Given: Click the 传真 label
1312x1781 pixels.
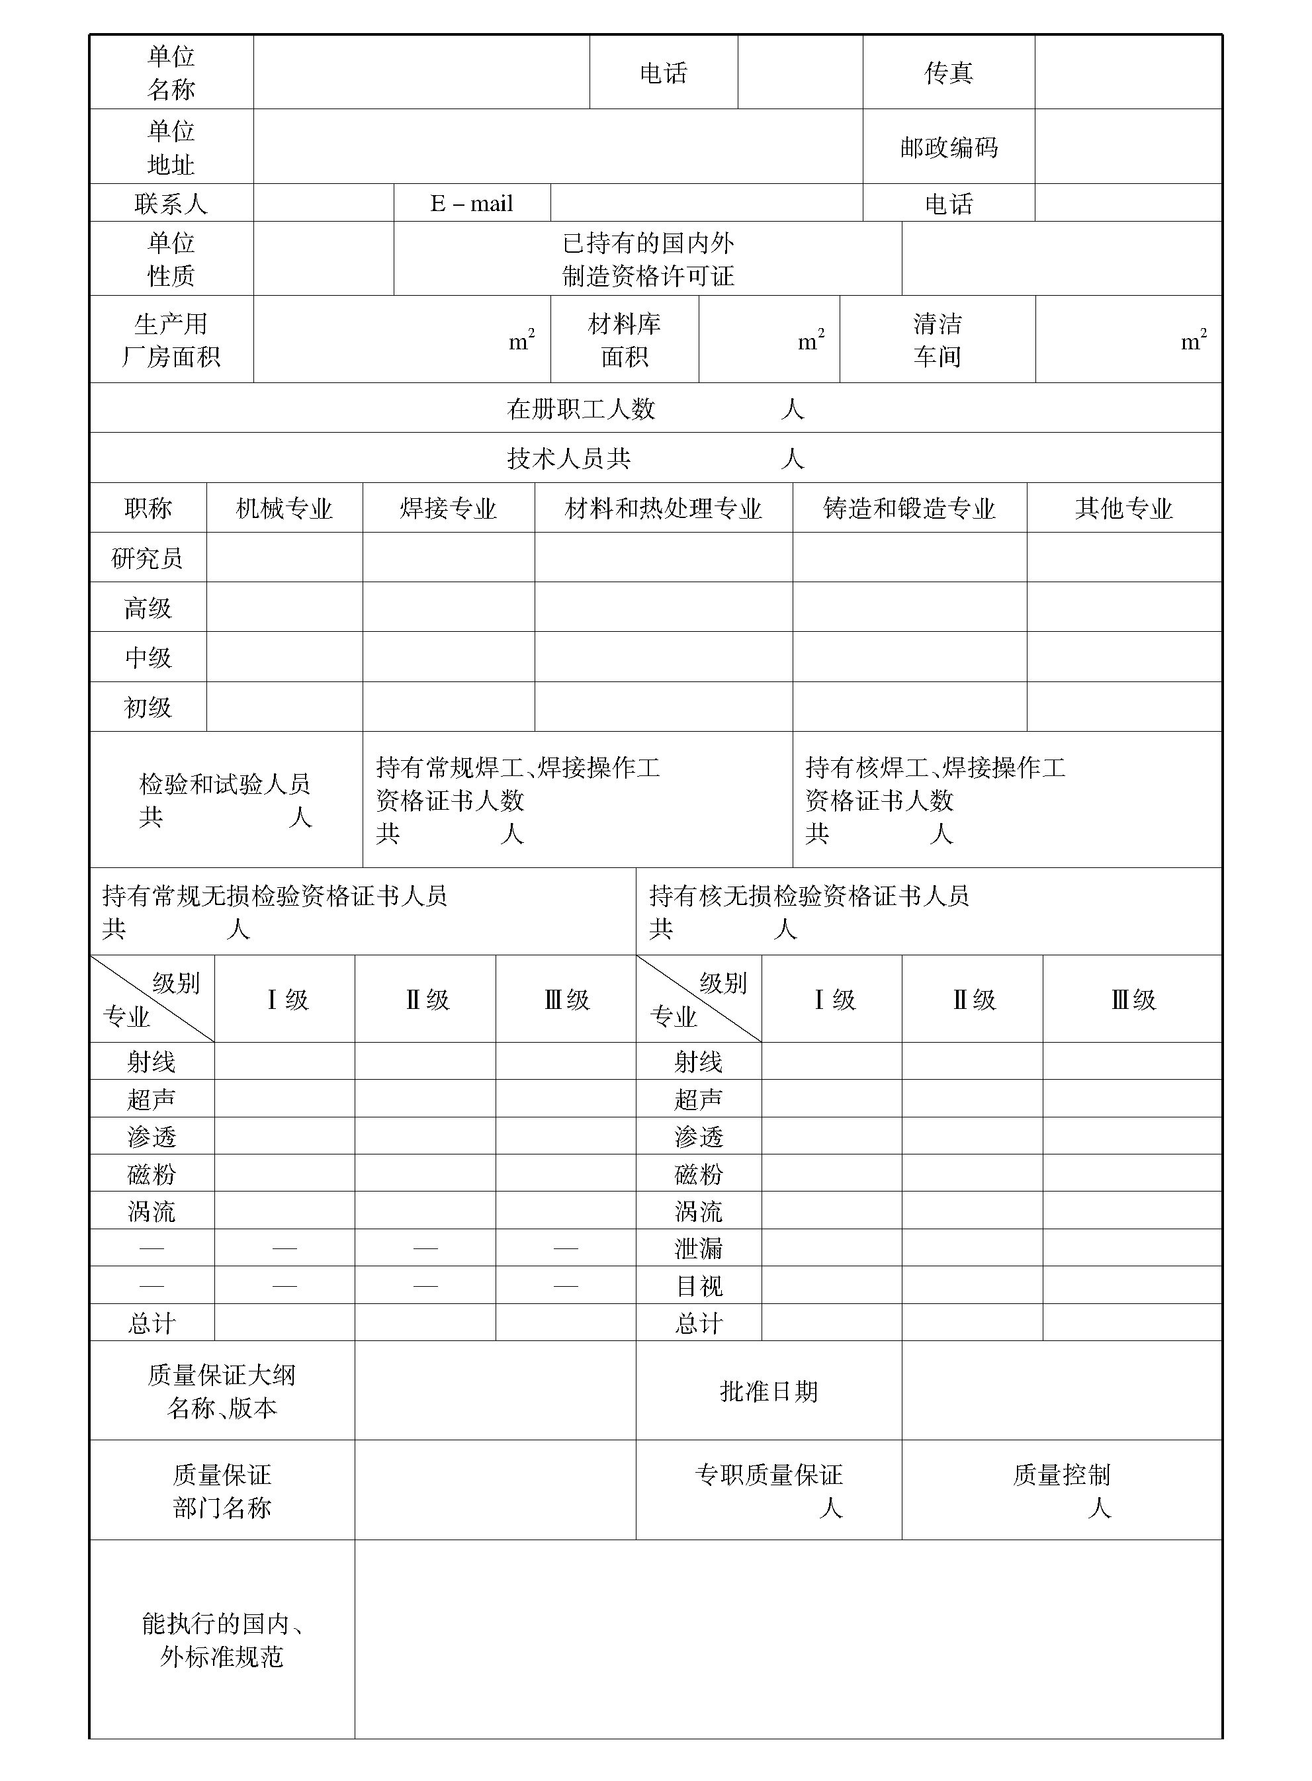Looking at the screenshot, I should point(948,73).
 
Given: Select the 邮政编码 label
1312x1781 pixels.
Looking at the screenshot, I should point(948,147).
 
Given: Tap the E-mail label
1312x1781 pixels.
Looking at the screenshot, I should point(472,204).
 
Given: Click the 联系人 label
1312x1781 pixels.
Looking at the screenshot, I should point(171,204).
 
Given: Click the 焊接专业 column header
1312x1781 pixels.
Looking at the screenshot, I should point(448,508).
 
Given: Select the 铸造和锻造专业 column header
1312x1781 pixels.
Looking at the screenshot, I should point(909,508).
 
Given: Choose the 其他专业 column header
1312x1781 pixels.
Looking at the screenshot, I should point(1124,508).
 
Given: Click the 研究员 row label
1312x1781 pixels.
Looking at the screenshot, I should point(148,558).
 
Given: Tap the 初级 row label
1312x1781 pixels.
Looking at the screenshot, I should point(148,707).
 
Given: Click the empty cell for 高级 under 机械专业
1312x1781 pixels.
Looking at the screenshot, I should point(284,607).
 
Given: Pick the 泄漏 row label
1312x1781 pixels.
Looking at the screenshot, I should point(699,1249).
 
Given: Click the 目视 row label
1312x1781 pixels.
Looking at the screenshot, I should point(699,1286).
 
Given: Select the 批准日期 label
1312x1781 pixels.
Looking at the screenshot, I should point(769,1391).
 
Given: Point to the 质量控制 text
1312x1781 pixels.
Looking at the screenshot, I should point(1061,1475).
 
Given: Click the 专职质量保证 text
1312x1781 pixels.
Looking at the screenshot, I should point(769,1475).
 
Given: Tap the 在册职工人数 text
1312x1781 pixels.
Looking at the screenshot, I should point(582,409).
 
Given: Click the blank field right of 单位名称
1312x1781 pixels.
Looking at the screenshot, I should point(421,72).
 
